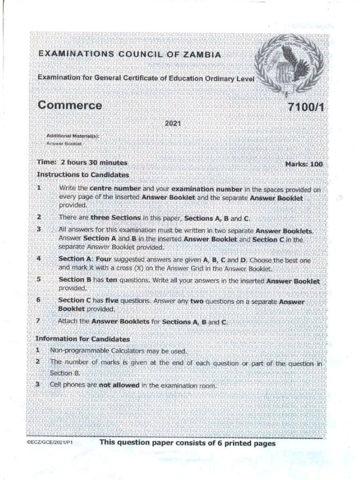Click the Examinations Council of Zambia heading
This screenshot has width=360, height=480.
[129, 55]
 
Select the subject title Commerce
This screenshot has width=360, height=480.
[69, 105]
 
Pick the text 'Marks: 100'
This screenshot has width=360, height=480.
[304, 164]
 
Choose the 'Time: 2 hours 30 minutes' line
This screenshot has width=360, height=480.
[82, 163]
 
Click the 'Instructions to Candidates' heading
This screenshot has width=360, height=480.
[82, 174]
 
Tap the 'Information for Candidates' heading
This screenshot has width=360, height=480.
[82, 338]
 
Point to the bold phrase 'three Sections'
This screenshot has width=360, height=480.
[115, 218]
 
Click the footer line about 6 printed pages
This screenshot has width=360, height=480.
[187, 442]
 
